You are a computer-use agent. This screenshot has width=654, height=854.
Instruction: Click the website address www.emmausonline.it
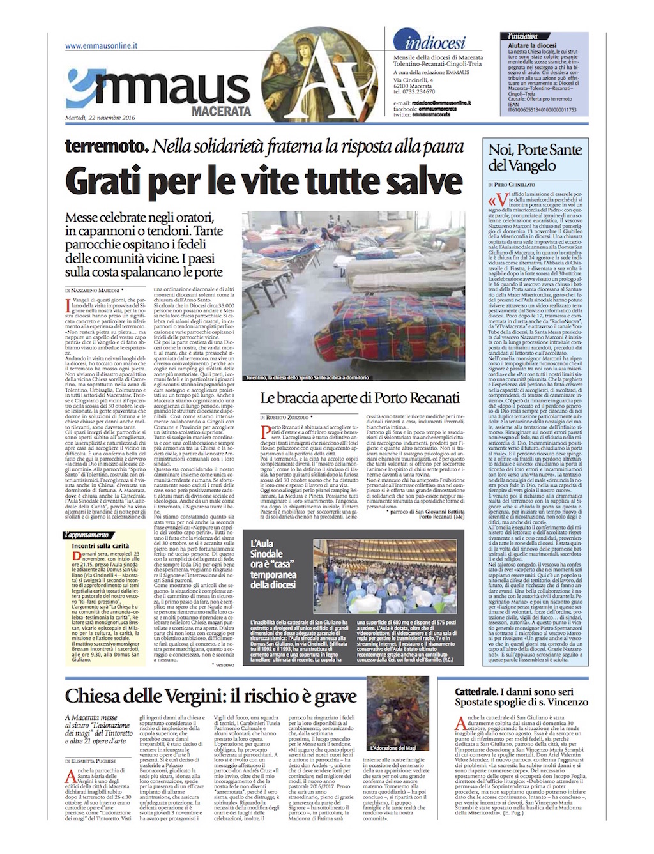[x=101, y=46]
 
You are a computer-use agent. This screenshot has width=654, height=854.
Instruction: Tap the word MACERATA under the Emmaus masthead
[x=222, y=111]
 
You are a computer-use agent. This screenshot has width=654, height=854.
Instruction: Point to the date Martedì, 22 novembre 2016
[x=100, y=118]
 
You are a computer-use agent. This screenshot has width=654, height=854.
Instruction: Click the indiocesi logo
[x=434, y=43]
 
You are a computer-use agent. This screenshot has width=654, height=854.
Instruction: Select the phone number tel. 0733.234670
[x=414, y=92]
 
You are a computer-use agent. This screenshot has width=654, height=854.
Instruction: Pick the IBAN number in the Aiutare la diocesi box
[x=542, y=109]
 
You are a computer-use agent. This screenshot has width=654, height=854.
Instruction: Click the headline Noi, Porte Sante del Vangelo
[x=535, y=157]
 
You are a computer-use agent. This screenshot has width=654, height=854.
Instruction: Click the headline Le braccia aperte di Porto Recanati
[x=360, y=398]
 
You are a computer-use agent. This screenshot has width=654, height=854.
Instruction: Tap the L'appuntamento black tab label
[x=87, y=535]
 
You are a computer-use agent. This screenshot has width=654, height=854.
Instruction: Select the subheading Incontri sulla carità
[x=100, y=546]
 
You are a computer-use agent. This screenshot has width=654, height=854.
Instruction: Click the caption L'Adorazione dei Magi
[x=393, y=748]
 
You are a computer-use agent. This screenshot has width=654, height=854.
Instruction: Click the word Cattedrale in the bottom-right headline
[x=476, y=692]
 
